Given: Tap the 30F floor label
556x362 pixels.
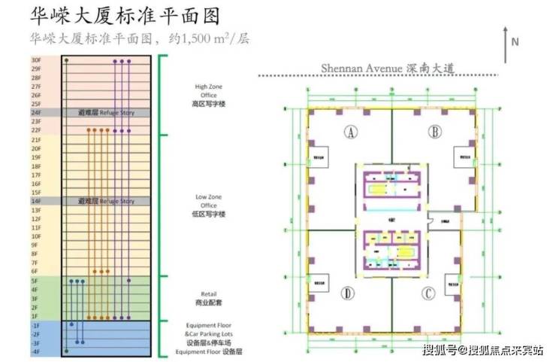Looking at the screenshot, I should click(35, 59).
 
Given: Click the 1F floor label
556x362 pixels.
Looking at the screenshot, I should click(35, 316).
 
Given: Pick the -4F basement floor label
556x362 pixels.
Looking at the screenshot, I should click(35, 351).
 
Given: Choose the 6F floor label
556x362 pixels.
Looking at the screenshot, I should click(35, 271).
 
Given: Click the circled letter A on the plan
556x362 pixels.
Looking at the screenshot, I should click(350, 133).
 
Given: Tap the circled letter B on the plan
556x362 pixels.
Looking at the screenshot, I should click(434, 133).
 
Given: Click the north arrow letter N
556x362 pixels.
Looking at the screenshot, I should click(515, 42).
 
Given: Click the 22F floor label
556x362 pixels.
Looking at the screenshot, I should click(35, 130).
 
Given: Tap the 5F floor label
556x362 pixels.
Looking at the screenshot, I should click(35, 281).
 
